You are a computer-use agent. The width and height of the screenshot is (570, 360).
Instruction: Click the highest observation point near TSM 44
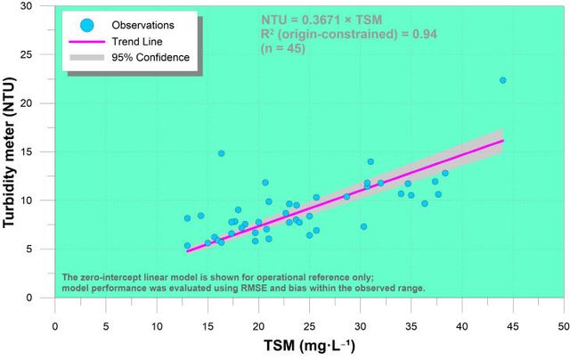[x=502, y=80]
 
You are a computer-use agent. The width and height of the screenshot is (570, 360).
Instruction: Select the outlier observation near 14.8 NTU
[x=221, y=153]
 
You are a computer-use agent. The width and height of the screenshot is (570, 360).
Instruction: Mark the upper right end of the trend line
[x=503, y=140]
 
